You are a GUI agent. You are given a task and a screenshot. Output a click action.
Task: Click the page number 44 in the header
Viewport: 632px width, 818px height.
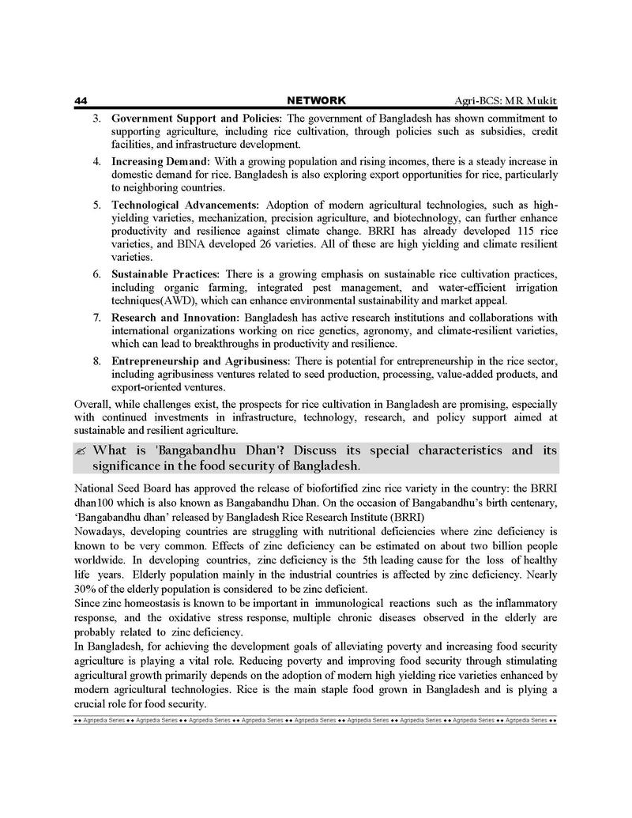click(80, 100)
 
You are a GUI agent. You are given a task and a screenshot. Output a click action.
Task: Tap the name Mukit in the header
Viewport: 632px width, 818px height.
click(540, 101)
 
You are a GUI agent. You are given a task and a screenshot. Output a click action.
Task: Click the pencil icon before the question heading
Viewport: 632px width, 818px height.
click(81, 450)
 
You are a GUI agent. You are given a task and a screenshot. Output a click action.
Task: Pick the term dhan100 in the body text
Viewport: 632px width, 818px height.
click(96, 502)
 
